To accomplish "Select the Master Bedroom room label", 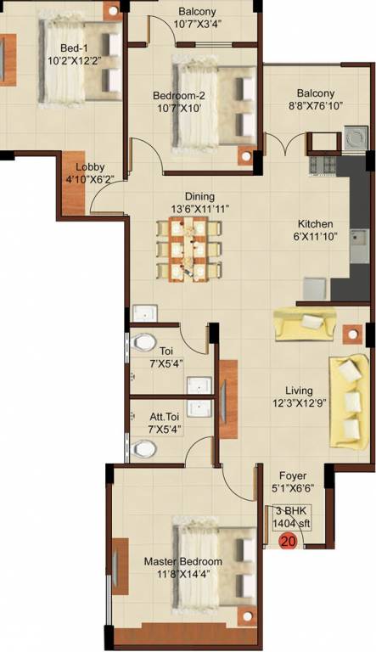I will pos(182,561).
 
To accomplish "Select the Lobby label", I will pos(90,166).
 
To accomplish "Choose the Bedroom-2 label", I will pos(181,95).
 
